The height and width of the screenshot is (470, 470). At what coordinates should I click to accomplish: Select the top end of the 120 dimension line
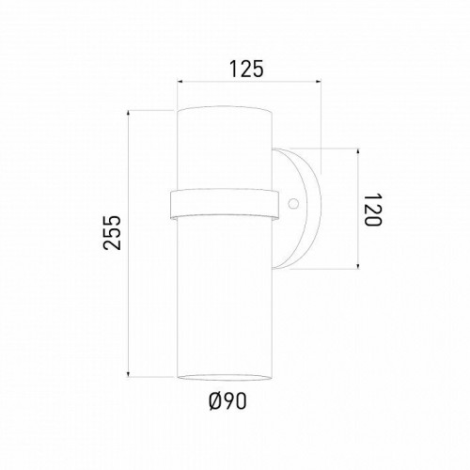pyautogui.click(x=358, y=149)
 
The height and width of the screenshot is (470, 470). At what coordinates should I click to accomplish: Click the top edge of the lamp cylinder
pyautogui.click(x=225, y=111)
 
